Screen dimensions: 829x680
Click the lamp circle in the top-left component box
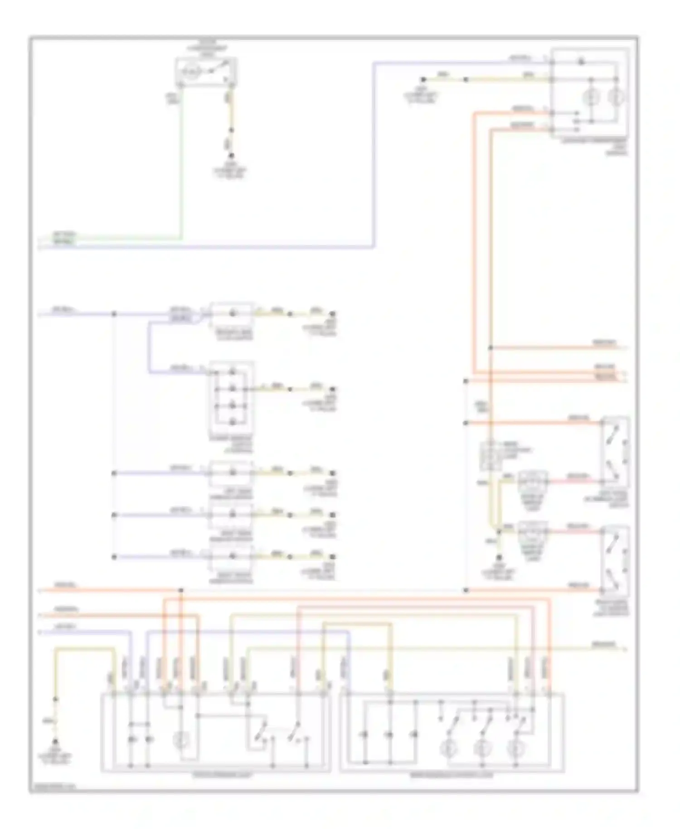(192, 72)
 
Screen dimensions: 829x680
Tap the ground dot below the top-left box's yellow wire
(231, 156)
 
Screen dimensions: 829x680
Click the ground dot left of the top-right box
(423, 79)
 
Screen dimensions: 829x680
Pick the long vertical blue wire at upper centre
(374, 154)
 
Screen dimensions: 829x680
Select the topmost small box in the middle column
(231, 314)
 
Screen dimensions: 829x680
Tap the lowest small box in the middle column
(231, 557)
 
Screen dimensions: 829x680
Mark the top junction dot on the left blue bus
(114, 313)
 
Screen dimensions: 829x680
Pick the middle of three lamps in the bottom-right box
(482, 749)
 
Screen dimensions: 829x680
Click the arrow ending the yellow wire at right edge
(626, 649)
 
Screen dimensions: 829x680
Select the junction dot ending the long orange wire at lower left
(181, 590)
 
